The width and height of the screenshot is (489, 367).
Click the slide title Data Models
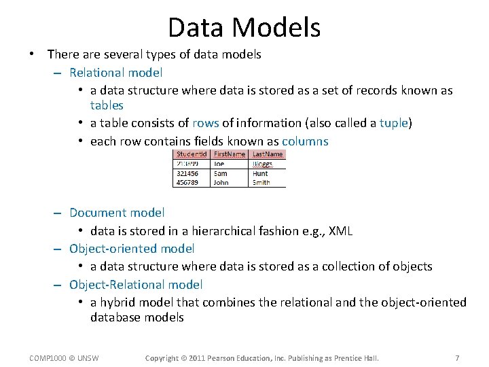tap(244, 27)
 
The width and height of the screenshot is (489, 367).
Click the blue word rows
tap(205, 123)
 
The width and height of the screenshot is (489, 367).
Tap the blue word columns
tap(305, 141)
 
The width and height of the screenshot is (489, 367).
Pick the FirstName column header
tap(230, 154)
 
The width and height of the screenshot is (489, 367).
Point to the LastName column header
tap(268, 154)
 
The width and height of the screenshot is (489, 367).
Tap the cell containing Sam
tap(220, 173)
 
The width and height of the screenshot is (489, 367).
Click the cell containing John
tap(221, 182)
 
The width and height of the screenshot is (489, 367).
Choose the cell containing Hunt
tap(260, 173)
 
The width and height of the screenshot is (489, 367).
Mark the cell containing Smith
tap(261, 182)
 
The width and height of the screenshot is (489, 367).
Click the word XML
tap(340, 231)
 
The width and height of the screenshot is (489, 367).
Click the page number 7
tap(457, 358)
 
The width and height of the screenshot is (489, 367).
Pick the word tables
tap(107, 105)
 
